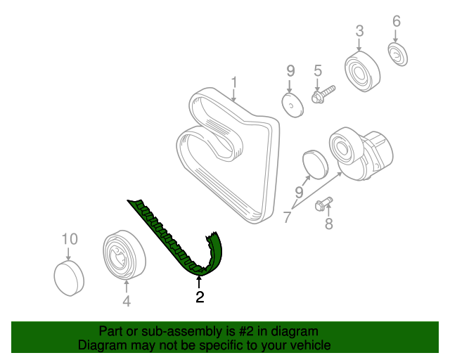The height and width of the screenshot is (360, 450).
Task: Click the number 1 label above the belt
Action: click(x=234, y=83)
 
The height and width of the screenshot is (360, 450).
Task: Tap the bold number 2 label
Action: click(x=200, y=297)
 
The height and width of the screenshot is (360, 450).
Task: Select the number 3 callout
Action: click(x=359, y=31)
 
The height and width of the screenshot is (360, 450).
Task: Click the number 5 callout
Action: click(x=317, y=70)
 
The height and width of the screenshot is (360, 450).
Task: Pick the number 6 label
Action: click(x=396, y=22)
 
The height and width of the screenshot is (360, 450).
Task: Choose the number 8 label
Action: click(x=328, y=225)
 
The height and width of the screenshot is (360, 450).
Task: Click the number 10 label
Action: click(x=69, y=239)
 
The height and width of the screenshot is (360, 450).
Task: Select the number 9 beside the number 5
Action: click(x=290, y=70)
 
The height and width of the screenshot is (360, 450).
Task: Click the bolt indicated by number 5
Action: click(x=322, y=94)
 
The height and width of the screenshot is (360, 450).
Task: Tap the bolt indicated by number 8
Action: click(x=324, y=205)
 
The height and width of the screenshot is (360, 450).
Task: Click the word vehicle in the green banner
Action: click(x=307, y=345)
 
